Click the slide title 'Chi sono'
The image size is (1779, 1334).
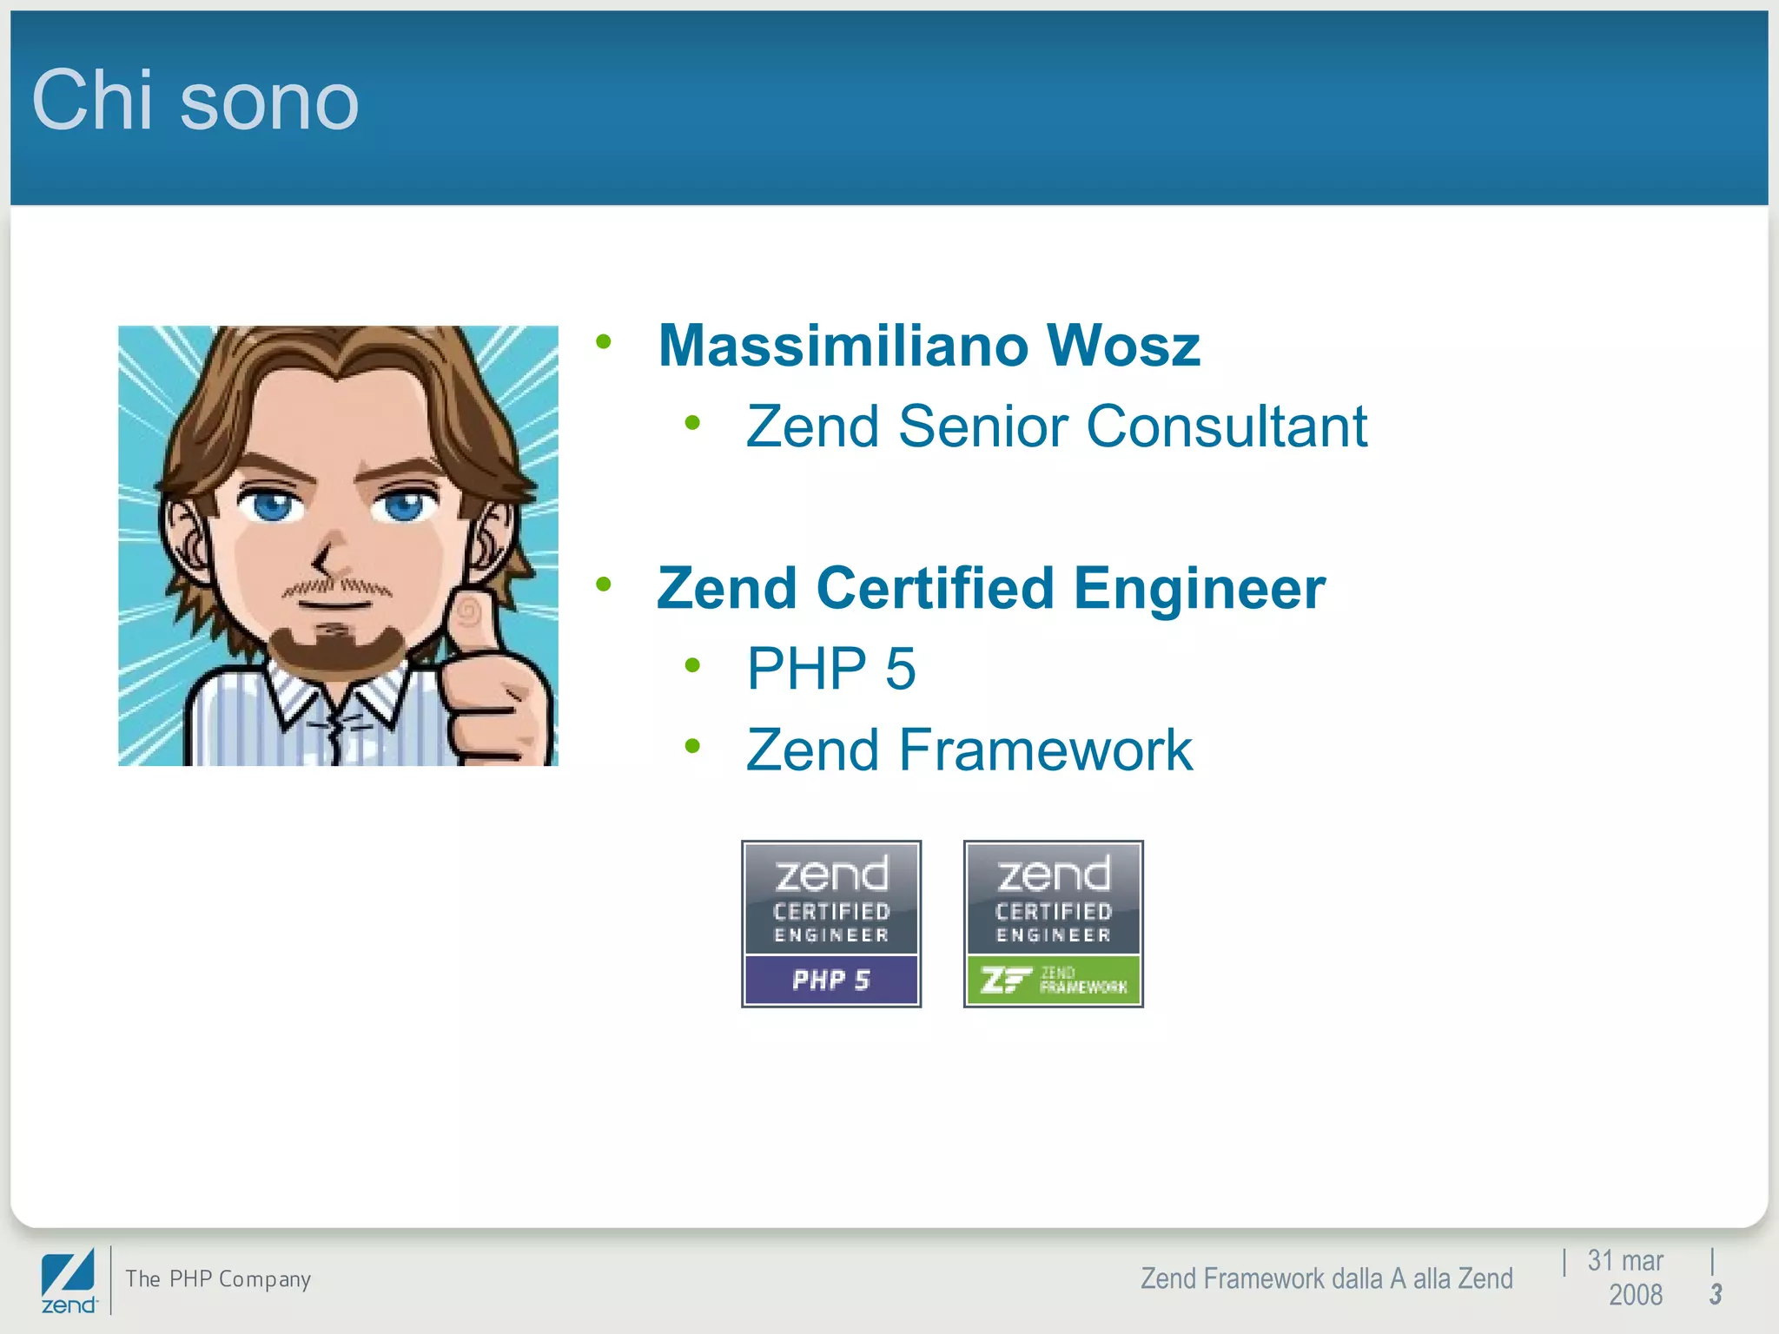coord(195,101)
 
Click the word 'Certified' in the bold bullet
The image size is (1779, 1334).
coord(935,588)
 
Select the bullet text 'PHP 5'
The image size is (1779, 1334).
coord(831,669)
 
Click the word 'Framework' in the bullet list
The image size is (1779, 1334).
coord(1046,750)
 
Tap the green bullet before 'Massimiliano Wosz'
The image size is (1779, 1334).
coord(604,342)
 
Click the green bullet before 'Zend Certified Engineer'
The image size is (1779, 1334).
coord(604,584)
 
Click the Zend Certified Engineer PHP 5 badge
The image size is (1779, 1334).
coord(831,923)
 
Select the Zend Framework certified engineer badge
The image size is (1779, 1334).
coord(1053,923)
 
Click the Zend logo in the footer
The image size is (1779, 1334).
coord(69,1282)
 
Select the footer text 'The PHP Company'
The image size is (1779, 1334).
coord(218,1279)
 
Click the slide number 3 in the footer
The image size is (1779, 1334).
coord(1716,1294)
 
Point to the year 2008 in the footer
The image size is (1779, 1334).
coord(1635,1295)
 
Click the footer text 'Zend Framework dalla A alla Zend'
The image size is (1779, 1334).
coord(1326,1278)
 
